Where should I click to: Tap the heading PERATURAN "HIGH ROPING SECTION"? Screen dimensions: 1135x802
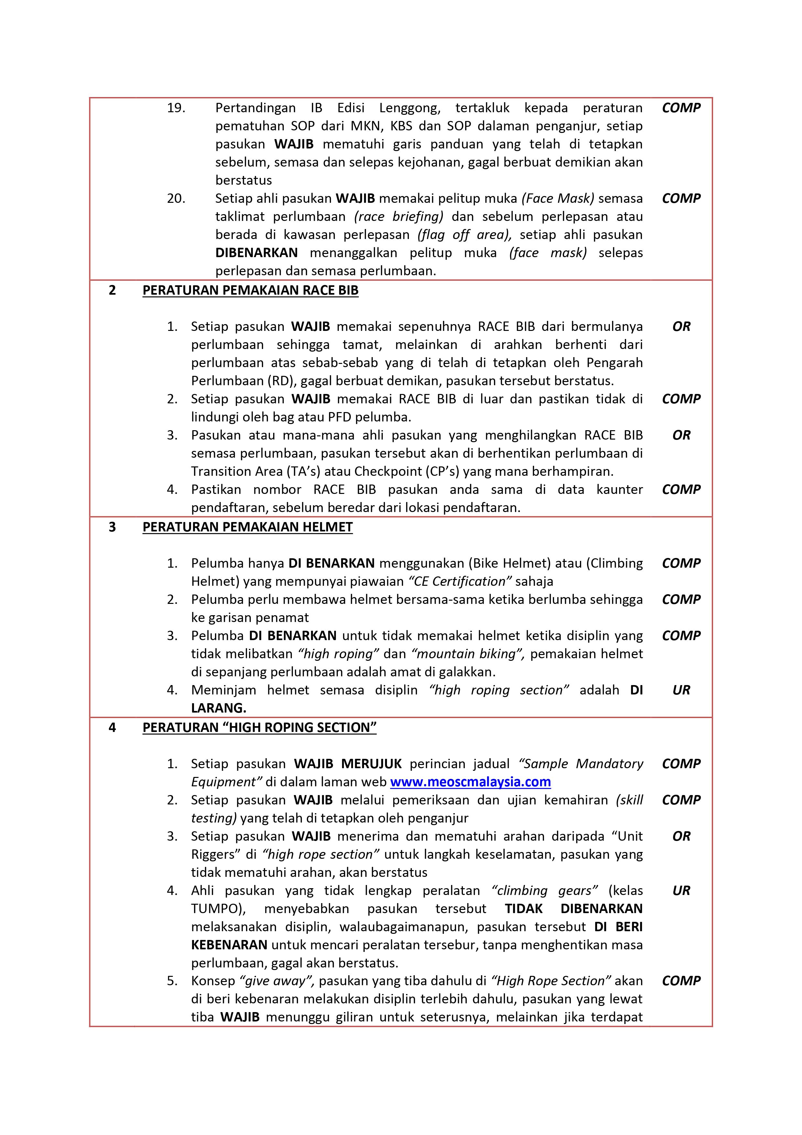pyautogui.click(x=260, y=728)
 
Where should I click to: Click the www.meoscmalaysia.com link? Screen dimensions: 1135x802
pyautogui.click(x=470, y=782)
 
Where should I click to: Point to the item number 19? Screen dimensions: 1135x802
pyautogui.click(x=176, y=108)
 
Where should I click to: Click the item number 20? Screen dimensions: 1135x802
pyautogui.click(x=176, y=198)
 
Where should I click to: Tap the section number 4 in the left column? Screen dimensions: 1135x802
pyautogui.click(x=112, y=728)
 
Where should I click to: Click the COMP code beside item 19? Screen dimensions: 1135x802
pyautogui.click(x=681, y=108)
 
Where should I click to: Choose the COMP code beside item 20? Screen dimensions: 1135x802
pyautogui.click(x=681, y=198)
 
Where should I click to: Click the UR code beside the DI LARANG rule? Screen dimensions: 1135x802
pyautogui.click(x=681, y=690)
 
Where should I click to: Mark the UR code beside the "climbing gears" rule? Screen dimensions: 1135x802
pyautogui.click(x=681, y=891)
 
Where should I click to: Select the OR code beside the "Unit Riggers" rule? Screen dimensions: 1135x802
pyautogui.click(x=681, y=836)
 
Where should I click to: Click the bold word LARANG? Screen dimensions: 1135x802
pyautogui.click(x=219, y=708)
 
